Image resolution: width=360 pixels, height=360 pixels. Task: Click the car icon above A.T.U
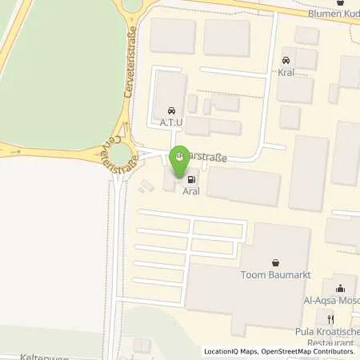[170, 111]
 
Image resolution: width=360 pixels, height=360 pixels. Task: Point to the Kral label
[286, 73]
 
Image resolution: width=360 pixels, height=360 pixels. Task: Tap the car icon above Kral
[286, 60]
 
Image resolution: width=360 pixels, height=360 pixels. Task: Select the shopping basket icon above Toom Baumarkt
[275, 262]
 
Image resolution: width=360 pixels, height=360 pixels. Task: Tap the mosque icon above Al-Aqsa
[340, 289]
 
